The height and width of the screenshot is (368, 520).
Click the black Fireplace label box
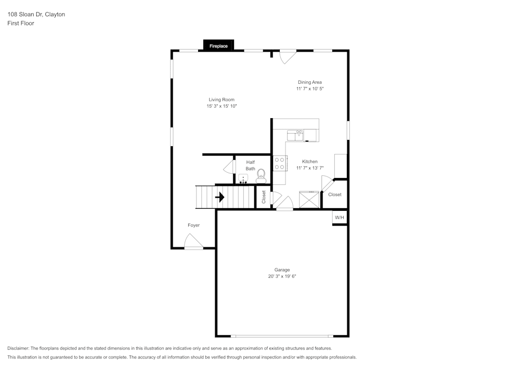pyautogui.click(x=218, y=46)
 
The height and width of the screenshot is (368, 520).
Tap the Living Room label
pyautogui.click(x=222, y=99)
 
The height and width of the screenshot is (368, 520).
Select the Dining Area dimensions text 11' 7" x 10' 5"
pyautogui.click(x=310, y=89)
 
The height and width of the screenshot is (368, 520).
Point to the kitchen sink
pyautogui.click(x=295, y=135)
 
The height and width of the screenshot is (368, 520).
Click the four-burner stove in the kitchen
pyautogui.click(x=280, y=163)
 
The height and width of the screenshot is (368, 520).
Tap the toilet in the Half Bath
pyautogui.click(x=261, y=175)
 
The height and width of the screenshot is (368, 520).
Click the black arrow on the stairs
pyautogui.click(x=220, y=197)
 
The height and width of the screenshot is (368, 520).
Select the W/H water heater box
pyautogui.click(x=339, y=217)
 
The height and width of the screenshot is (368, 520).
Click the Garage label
pyautogui.click(x=282, y=270)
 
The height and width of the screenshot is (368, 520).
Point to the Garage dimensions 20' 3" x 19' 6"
pyautogui.click(x=282, y=276)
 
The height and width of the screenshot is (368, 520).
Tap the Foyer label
pyautogui.click(x=193, y=225)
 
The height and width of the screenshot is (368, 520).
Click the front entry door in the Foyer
pyautogui.click(x=193, y=242)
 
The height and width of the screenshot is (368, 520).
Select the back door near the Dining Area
pyautogui.click(x=288, y=56)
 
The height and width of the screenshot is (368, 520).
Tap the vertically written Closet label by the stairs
pyautogui.click(x=264, y=197)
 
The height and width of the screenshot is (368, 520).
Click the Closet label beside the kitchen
pyautogui.click(x=335, y=195)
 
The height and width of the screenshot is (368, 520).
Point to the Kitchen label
pyautogui.click(x=310, y=161)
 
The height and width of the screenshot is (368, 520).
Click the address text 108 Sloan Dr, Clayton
pyautogui.click(x=36, y=15)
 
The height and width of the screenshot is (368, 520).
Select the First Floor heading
pyautogui.click(x=21, y=23)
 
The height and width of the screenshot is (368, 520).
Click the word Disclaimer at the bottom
pyautogui.click(x=18, y=348)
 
